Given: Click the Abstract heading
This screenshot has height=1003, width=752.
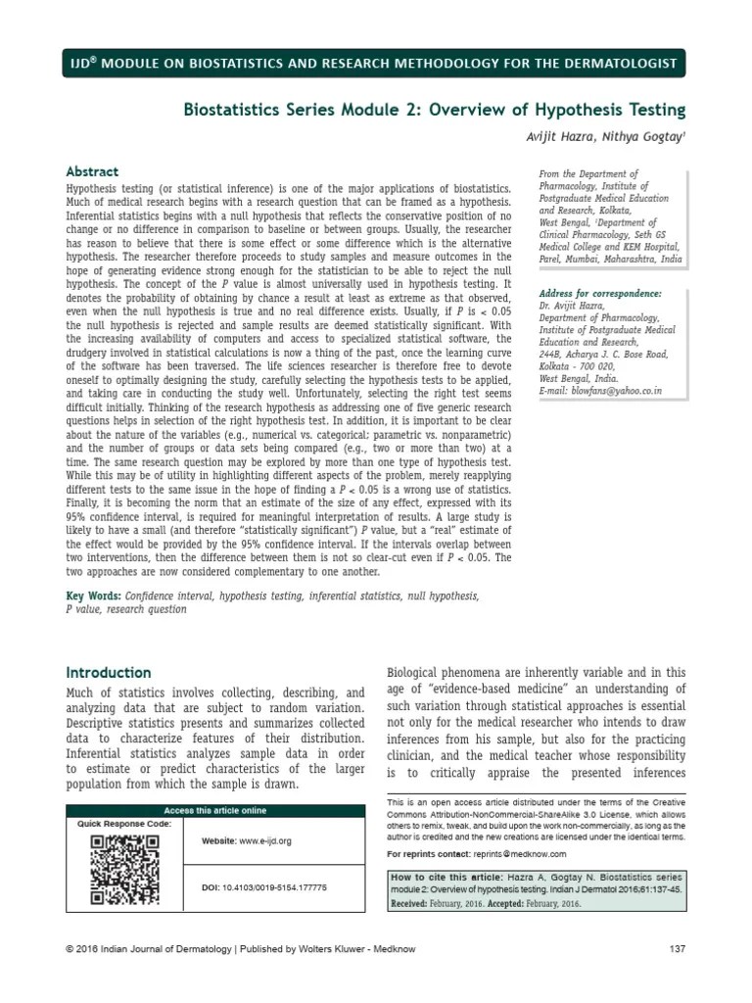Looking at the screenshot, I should point(91,170).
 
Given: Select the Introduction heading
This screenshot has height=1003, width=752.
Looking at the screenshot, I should point(108,673).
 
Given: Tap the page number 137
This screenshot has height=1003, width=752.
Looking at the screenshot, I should point(676,949).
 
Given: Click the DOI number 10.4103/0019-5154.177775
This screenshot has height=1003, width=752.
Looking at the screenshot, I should point(278,886).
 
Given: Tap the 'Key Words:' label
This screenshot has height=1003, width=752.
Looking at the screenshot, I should point(93,595).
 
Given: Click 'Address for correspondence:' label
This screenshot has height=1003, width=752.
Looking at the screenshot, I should point(600,294).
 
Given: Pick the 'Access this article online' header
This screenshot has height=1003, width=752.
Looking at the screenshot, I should point(214,811).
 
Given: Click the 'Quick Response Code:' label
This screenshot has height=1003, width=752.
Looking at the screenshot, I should point(124,824).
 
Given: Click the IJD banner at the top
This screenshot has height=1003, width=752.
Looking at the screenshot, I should point(375,64).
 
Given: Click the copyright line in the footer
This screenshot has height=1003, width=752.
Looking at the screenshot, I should point(235,949).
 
